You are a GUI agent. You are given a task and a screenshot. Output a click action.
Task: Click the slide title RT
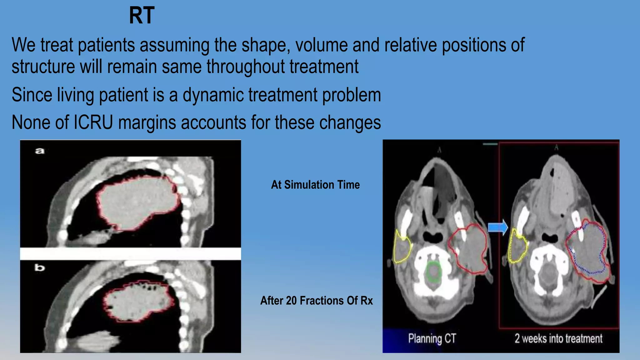click(x=142, y=16)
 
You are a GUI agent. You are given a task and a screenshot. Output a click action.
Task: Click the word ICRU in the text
click(x=93, y=122)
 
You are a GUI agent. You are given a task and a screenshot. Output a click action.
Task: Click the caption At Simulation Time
click(x=315, y=185)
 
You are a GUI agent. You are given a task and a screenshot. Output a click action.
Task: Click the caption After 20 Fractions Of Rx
click(x=316, y=301)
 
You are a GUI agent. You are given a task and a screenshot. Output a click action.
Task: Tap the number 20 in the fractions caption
click(x=291, y=301)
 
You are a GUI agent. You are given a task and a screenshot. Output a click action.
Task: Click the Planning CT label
click(x=432, y=338)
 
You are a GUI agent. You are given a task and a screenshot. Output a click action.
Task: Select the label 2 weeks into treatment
click(x=558, y=338)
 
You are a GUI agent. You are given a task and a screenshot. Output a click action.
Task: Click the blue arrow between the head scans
click(x=498, y=227)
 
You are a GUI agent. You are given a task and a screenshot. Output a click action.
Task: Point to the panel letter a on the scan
click(x=40, y=151)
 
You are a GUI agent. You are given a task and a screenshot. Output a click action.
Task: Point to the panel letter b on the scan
click(x=40, y=268)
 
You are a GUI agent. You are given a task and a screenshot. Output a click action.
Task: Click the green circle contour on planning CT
click(x=433, y=272)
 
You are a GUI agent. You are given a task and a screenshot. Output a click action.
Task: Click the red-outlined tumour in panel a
click(x=137, y=203)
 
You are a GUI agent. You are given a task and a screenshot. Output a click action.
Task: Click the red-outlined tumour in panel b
click(x=137, y=302)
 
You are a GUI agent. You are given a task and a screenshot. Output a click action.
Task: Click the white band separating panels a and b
click(x=130, y=254)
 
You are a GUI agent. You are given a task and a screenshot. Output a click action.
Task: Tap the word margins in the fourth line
click(x=147, y=122)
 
